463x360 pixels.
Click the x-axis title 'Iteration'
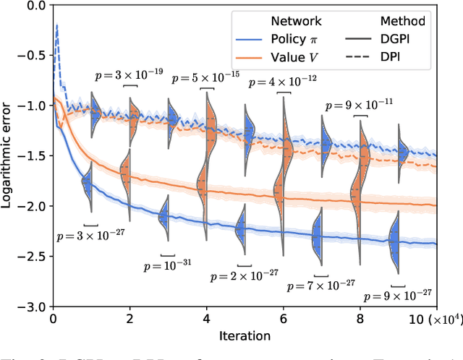(x=245, y=335)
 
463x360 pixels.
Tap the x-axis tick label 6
(x=283, y=319)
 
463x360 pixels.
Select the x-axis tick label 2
(x=129, y=319)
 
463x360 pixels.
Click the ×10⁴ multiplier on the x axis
(x=446, y=319)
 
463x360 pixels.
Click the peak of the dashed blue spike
(x=57, y=25)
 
